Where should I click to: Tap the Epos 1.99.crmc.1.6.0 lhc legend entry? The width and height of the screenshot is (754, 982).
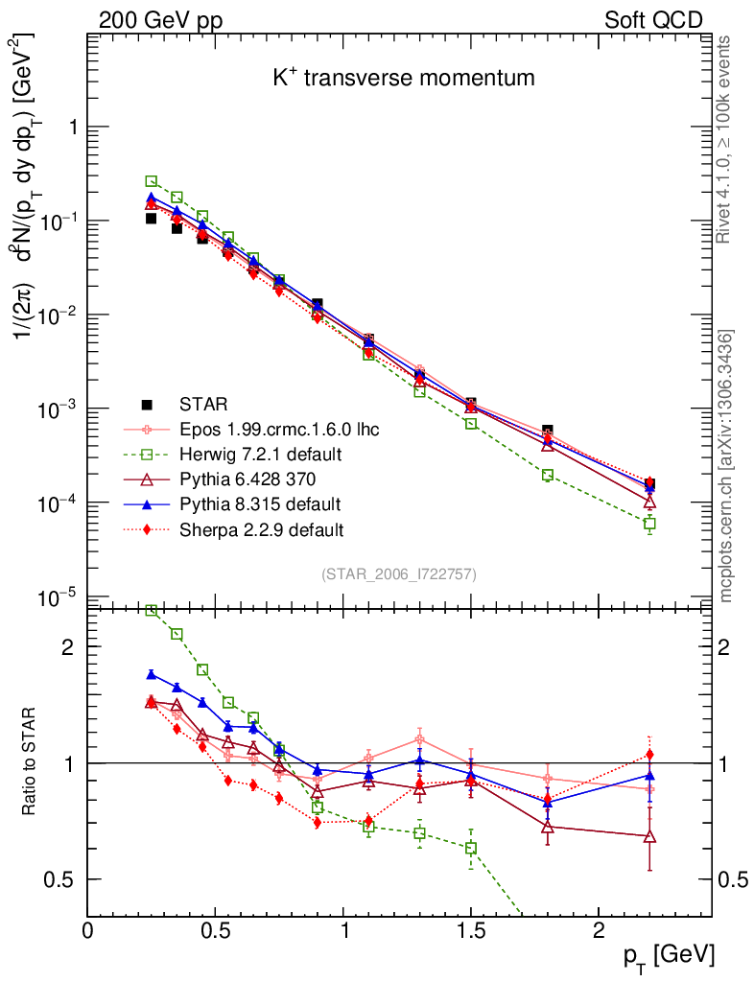279,430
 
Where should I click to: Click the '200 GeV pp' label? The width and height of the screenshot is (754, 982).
160,20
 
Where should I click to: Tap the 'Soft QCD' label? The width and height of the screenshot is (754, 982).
653,20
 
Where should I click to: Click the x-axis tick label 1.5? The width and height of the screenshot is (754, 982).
470,931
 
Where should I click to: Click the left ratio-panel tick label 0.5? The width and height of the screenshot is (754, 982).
60,879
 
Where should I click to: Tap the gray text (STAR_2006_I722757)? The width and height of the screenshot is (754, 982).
399,574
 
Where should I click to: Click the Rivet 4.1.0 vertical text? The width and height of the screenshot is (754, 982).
725,140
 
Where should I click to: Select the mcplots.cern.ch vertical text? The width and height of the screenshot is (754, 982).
726,466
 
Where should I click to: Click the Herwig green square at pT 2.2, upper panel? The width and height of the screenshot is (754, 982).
649,524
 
